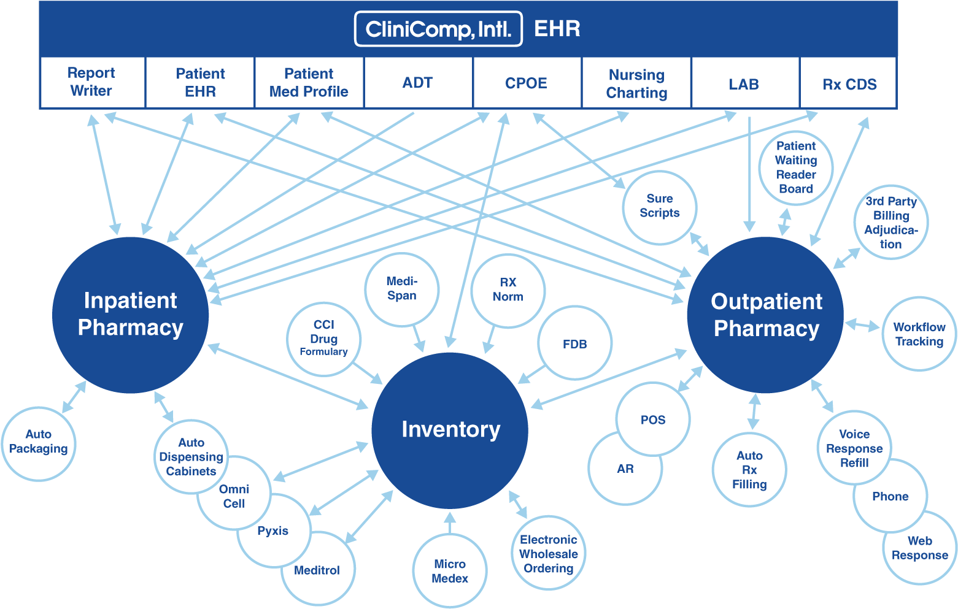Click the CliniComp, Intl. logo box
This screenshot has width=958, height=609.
438,29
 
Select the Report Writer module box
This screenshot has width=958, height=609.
92,82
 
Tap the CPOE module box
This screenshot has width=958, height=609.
526,83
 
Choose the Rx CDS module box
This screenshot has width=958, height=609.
849,84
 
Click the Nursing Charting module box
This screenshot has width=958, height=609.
636,83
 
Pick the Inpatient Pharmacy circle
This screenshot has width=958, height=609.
130,315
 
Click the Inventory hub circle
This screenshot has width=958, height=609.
450,430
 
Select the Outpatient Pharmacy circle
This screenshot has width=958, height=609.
765,315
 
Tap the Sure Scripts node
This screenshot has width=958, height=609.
660,207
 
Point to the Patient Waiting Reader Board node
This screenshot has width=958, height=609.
796,167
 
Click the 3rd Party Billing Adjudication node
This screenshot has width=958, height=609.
890,222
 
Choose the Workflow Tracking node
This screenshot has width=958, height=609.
919,334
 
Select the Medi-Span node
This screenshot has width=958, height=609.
402,289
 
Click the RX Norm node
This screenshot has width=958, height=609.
508,290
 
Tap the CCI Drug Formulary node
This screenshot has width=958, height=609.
323,339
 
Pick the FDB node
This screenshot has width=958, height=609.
575,344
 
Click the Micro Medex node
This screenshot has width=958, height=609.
450,571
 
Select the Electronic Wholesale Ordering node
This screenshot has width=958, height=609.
548,553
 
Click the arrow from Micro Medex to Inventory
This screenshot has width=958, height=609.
450,523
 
